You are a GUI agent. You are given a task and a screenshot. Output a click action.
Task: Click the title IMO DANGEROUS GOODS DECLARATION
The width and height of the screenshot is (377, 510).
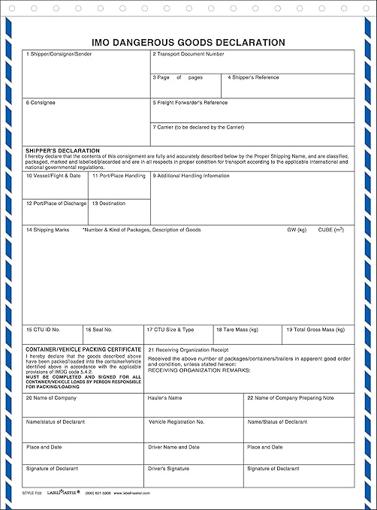click(x=188, y=42)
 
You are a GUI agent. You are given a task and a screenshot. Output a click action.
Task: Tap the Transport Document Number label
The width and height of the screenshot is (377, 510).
click(x=188, y=55)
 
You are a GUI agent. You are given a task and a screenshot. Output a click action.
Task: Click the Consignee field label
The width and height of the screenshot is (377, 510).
click(x=41, y=102)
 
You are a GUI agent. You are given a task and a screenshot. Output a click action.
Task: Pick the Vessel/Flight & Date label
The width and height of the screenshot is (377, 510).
click(x=53, y=176)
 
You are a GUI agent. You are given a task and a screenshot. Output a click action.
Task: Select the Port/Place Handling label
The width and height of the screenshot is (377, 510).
click(x=118, y=176)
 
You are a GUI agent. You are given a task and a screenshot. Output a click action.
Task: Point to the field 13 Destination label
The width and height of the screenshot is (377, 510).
click(x=109, y=204)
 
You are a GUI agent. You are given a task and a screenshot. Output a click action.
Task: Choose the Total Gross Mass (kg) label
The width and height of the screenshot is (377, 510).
click(x=315, y=330)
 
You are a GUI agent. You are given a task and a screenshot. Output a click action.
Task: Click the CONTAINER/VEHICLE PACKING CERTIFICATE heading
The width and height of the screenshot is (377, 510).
click(x=83, y=349)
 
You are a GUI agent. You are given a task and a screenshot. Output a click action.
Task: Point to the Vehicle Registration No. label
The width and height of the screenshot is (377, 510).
click(x=176, y=422)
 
